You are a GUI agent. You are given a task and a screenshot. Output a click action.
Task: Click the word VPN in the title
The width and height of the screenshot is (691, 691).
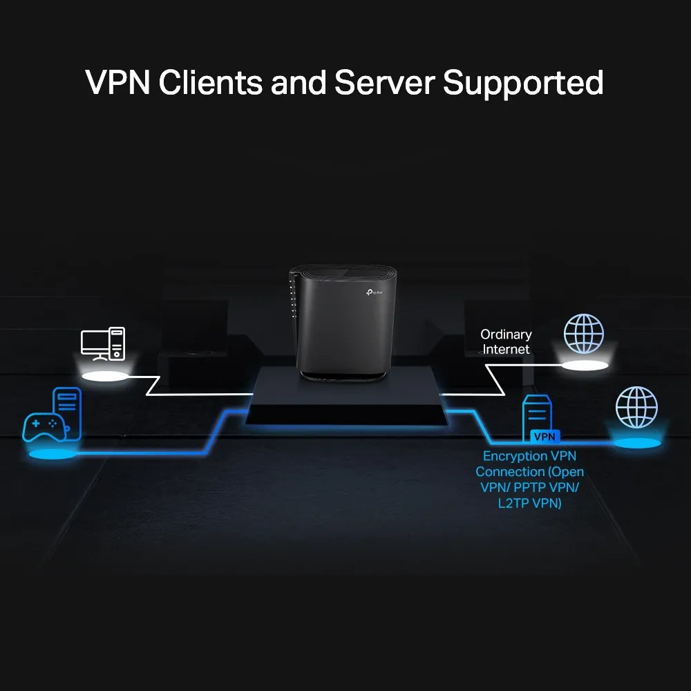pyautogui.click(x=118, y=83)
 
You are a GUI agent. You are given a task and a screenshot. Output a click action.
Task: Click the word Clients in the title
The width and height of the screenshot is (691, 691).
pyautogui.click(x=211, y=83)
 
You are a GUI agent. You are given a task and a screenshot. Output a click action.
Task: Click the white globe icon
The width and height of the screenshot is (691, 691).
pyautogui.click(x=583, y=334)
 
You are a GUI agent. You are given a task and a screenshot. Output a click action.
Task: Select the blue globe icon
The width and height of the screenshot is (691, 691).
pyautogui.click(x=636, y=407)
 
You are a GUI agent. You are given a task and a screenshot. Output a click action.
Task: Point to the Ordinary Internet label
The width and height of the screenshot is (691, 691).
pyautogui.click(x=506, y=342)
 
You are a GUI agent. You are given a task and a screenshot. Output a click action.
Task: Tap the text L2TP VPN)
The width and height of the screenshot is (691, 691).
pyautogui.click(x=529, y=504)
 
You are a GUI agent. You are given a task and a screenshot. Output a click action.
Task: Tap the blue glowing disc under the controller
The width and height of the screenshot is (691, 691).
pyautogui.click(x=52, y=455)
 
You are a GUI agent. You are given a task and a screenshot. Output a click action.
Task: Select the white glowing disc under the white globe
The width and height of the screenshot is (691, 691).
pyautogui.click(x=584, y=365)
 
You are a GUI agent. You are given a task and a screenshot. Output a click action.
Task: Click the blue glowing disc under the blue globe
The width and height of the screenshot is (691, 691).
pyautogui.click(x=636, y=442)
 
